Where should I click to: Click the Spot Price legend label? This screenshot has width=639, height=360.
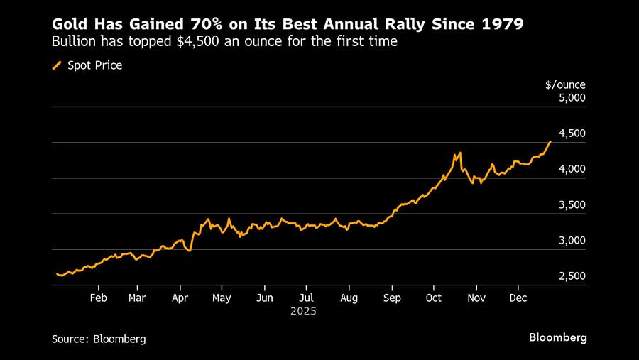click(94, 65)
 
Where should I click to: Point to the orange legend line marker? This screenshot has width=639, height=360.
click(58, 65)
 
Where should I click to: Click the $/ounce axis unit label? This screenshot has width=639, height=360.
click(565, 85)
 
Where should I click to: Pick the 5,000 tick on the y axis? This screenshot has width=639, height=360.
click(572, 98)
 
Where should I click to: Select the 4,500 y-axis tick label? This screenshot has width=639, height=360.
click(572, 133)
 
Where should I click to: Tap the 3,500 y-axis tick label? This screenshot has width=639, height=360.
click(572, 205)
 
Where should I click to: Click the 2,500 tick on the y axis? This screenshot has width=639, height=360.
click(572, 276)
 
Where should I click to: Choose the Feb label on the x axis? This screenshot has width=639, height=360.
click(98, 298)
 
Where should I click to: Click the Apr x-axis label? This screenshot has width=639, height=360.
click(180, 298)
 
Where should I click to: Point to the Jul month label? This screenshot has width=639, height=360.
click(306, 298)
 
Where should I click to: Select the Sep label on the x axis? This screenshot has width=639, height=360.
click(391, 298)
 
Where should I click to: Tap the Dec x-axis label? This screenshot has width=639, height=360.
click(518, 298)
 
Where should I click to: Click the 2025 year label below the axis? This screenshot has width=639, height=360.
click(303, 311)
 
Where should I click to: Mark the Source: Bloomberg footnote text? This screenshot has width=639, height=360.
click(99, 339)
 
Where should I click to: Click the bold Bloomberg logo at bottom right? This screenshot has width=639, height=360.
click(557, 337)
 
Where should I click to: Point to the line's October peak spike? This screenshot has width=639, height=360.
click(459, 153)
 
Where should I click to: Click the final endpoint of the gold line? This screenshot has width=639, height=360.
click(550, 142)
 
